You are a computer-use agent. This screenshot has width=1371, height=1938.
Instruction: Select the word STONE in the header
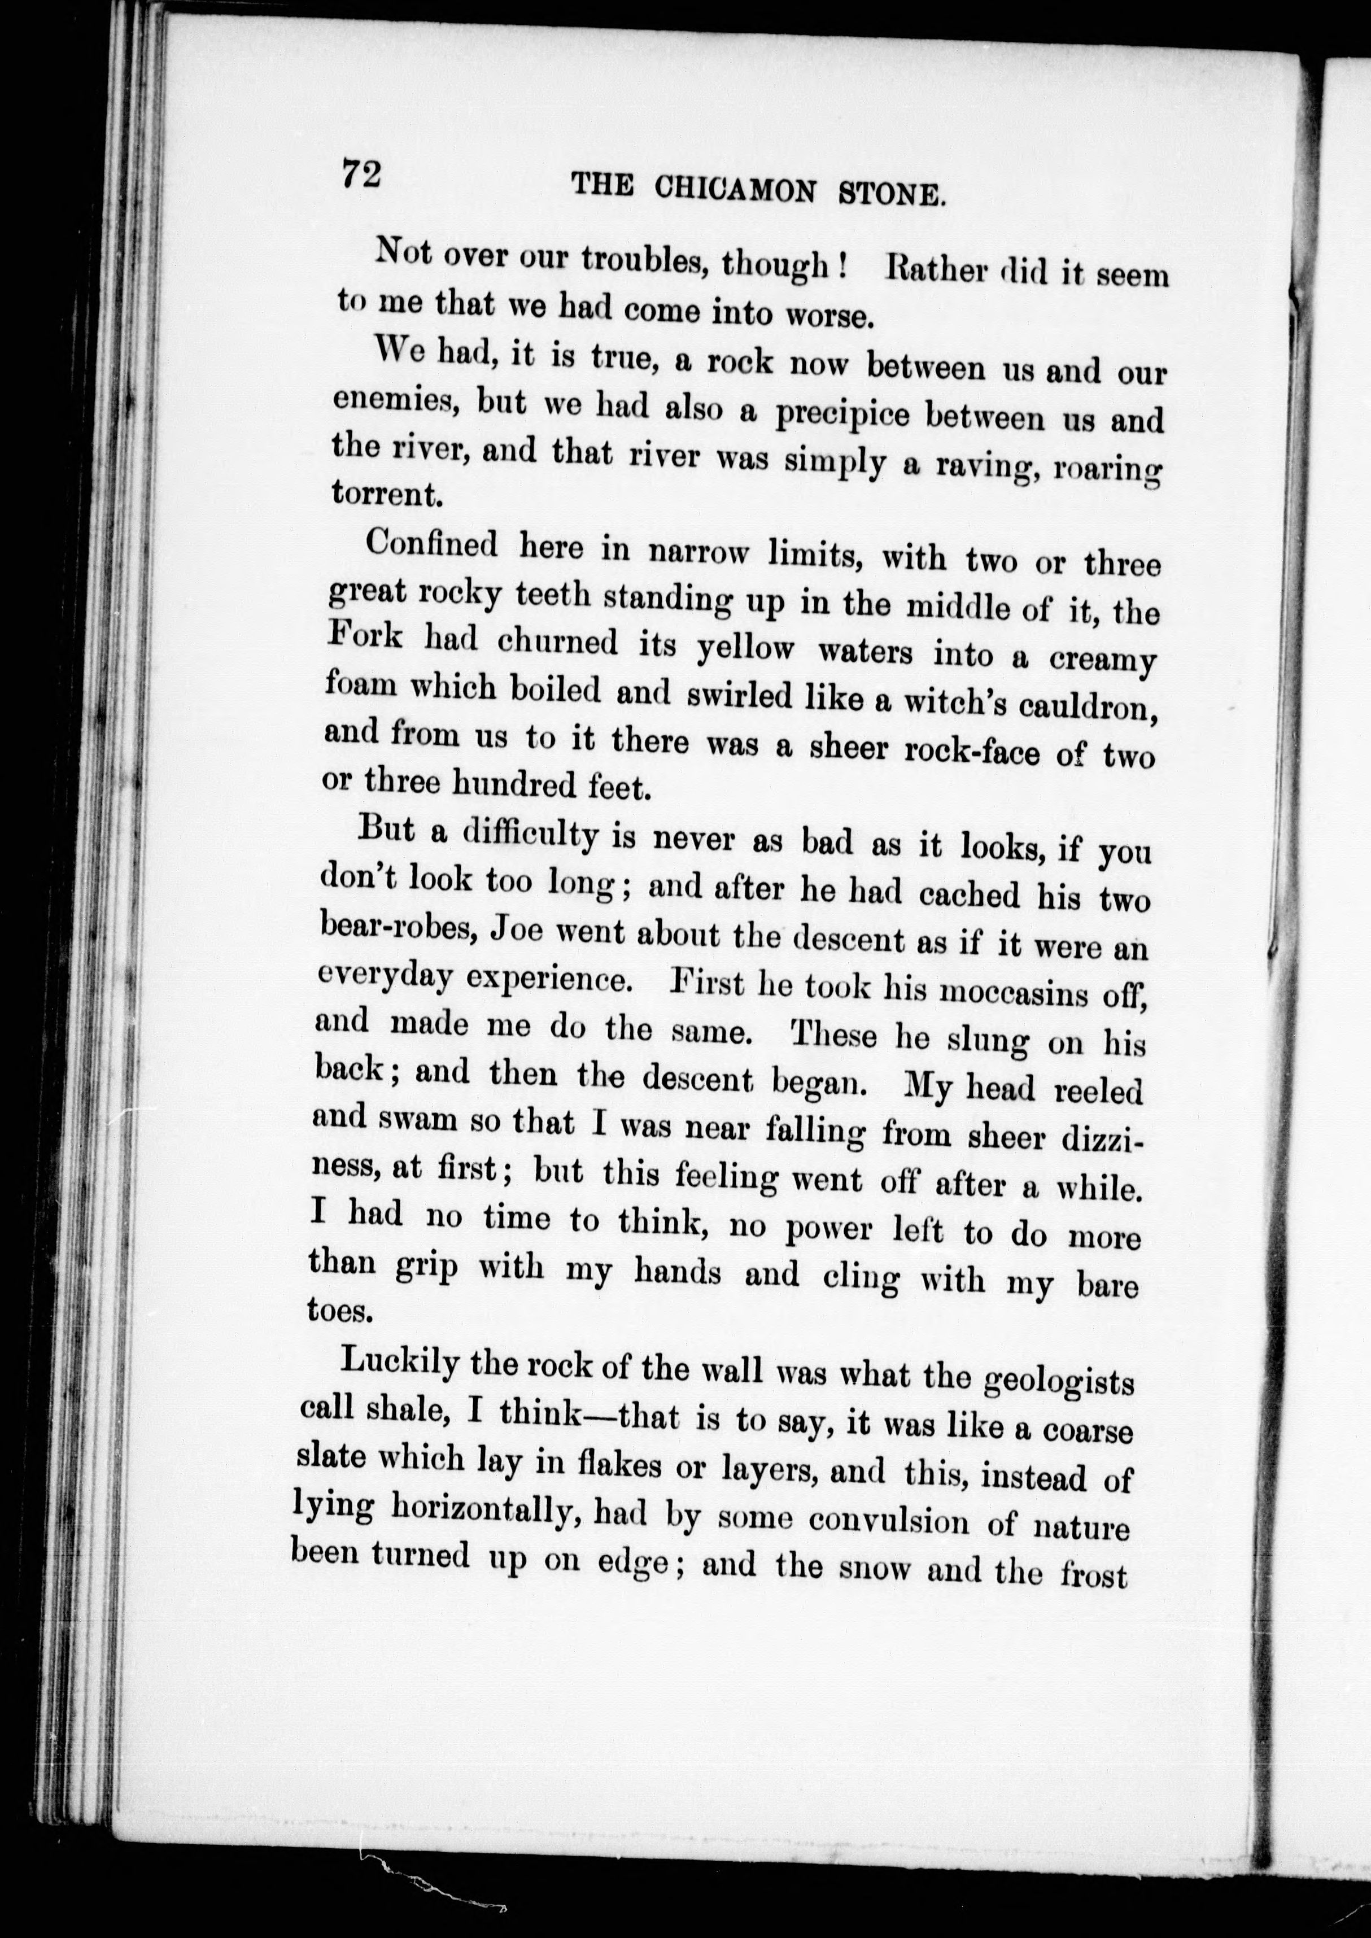tap(890, 194)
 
